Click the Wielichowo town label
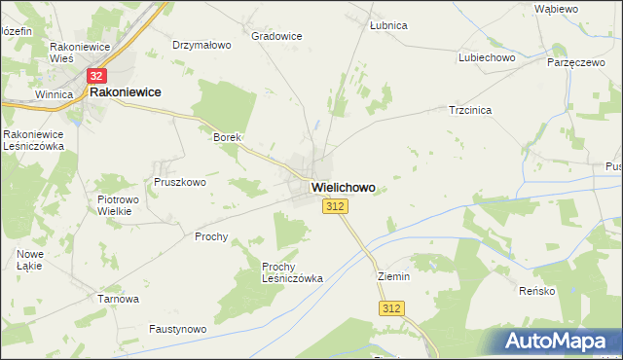343,187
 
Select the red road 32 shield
95,75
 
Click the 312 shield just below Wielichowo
335,206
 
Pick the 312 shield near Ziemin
391,308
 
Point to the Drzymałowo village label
202,45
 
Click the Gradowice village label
276,36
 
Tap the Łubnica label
388,25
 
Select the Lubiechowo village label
487,57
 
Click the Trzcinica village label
469,111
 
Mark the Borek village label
227,138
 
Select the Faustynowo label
178,330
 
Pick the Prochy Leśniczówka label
292,271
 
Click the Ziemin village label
394,276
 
